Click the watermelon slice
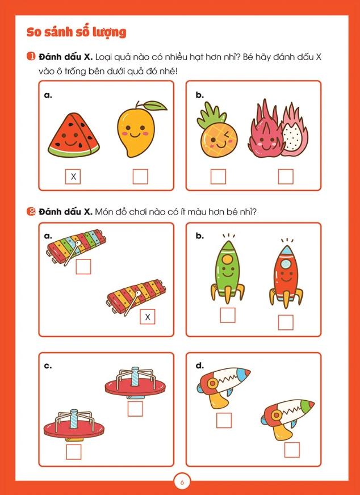pyautogui.click(x=74, y=135)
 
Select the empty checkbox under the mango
pyautogui.click(x=140, y=177)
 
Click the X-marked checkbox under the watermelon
pyautogui.click(x=73, y=177)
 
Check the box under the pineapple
pyautogui.click(x=218, y=177)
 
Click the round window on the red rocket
pyautogui.click(x=286, y=263)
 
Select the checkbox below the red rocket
pyautogui.click(x=286, y=322)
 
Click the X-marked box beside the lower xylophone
pyautogui.click(x=148, y=317)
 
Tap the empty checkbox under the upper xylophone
pyautogui.click(x=83, y=266)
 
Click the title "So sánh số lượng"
pyautogui.click(x=77, y=32)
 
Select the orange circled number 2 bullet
pyautogui.click(x=31, y=212)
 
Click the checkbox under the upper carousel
pyautogui.click(x=135, y=409)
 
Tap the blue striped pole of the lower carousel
pyautogui.click(x=74, y=419)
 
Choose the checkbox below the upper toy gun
pyautogui.click(x=224, y=420)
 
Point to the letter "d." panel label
pyautogui.click(x=200, y=366)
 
